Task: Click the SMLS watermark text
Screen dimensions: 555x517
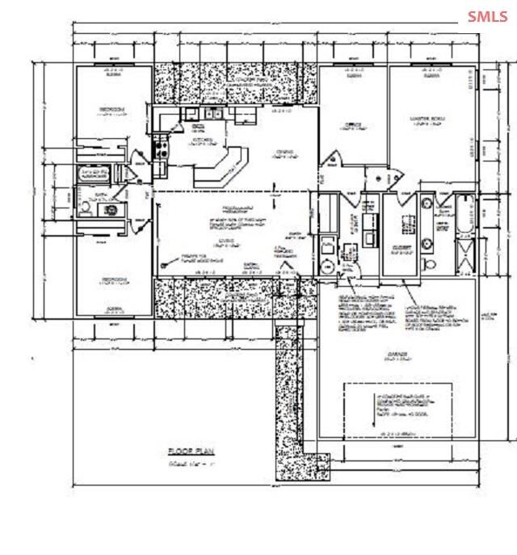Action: [488, 16]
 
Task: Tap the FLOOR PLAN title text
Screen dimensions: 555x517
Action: [190, 452]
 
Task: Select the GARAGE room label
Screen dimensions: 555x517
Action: [395, 353]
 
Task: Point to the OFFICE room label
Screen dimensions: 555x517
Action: [352, 124]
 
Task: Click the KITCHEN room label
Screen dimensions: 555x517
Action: [203, 139]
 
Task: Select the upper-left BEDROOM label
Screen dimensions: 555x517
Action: [112, 109]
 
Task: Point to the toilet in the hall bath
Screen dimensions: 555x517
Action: [85, 208]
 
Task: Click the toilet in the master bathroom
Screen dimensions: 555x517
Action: [430, 263]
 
